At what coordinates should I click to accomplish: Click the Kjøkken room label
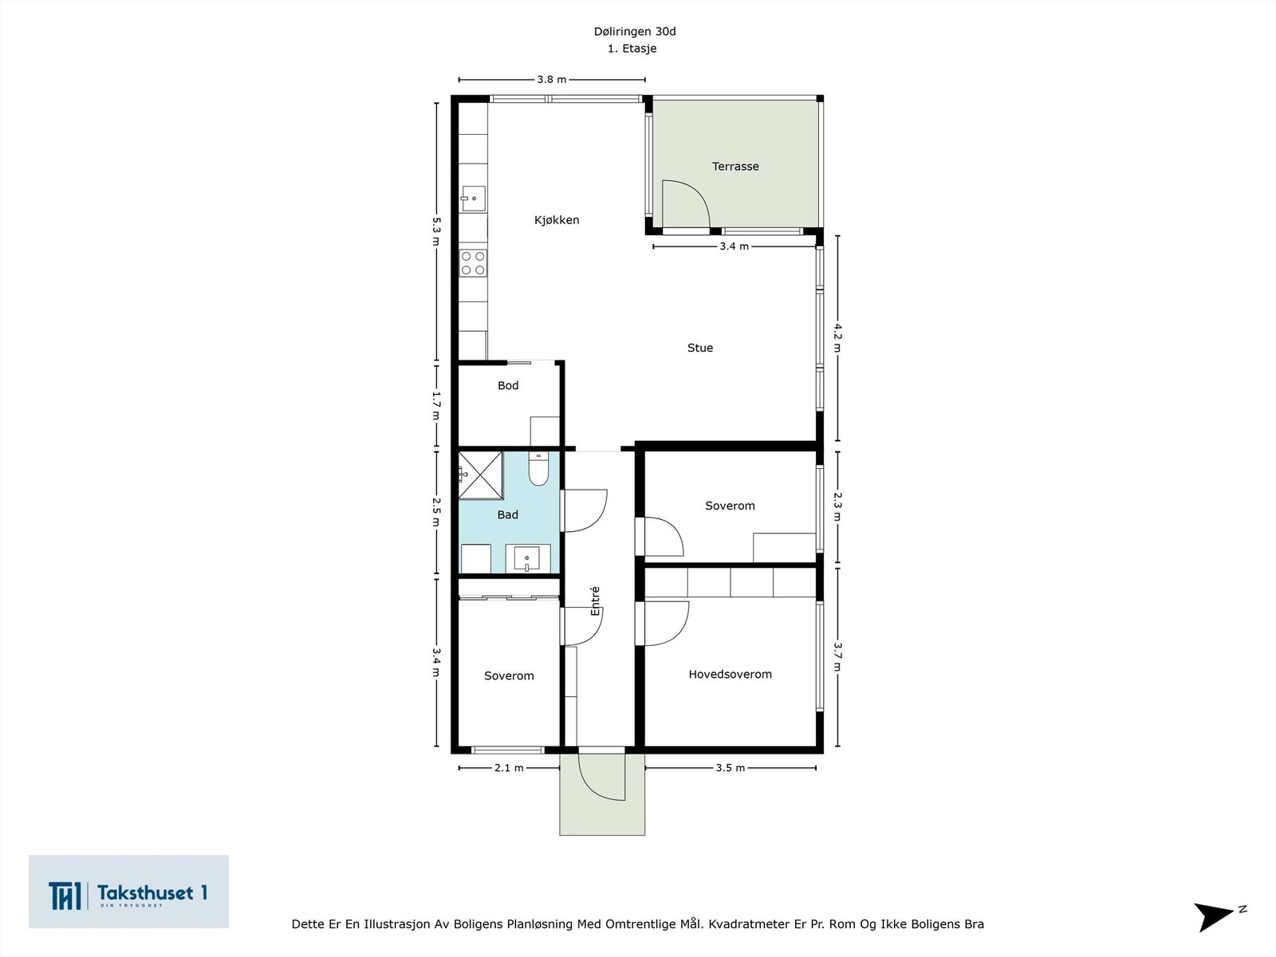point(557,220)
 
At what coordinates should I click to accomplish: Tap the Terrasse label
point(735,167)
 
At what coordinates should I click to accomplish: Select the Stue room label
point(700,348)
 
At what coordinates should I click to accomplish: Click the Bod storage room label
point(508,386)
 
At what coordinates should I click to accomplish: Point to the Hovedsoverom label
point(730,675)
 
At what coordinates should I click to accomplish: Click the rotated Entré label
point(595,601)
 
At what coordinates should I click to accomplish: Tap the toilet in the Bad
point(538,470)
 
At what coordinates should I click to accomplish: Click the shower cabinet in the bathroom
point(480,475)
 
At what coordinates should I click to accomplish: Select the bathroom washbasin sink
point(527,557)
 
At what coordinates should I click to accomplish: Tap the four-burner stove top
point(473,263)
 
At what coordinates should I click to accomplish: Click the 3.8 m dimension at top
point(551,80)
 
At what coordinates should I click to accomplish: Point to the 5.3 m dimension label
point(435,231)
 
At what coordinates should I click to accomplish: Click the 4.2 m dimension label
point(837,337)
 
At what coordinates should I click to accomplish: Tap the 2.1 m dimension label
point(509,768)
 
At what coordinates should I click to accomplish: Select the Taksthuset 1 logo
point(128,892)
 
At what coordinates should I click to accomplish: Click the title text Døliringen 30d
point(634,32)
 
